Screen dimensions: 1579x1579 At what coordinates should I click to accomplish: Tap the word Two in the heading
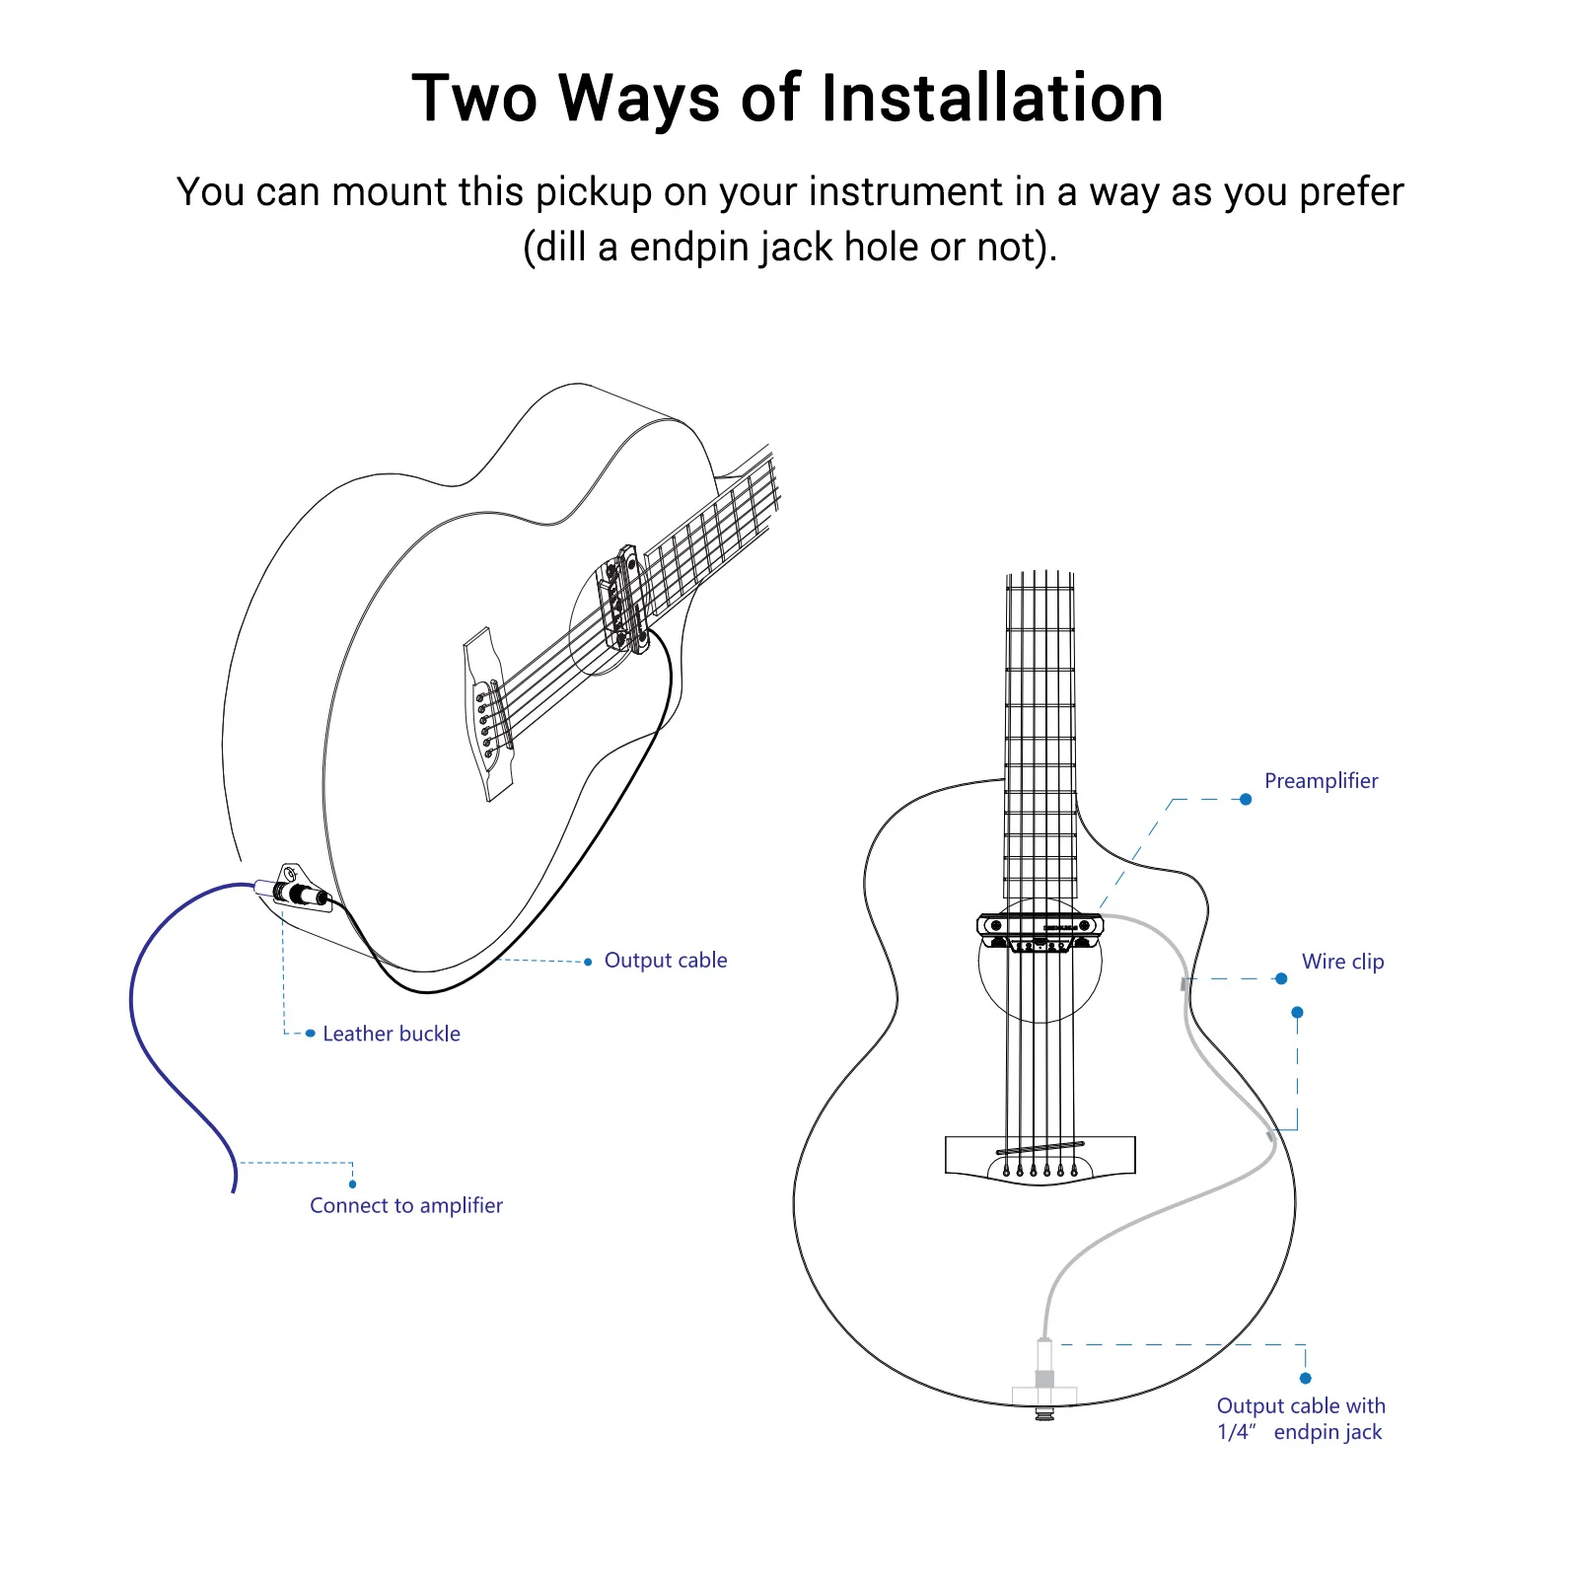pos(474,99)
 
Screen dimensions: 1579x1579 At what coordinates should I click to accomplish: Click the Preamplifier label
pos(1321,781)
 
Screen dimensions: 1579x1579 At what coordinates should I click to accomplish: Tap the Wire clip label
pos(1342,962)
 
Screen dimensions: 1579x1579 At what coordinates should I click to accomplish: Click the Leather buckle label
pos(392,1034)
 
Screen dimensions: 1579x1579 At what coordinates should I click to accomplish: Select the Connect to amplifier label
pos(405,1205)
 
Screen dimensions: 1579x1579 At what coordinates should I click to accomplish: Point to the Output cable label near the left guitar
pos(666,961)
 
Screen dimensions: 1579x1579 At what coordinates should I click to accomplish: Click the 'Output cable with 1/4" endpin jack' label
pos(1300,1419)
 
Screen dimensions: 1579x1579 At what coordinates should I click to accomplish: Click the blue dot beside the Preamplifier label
pos(1246,799)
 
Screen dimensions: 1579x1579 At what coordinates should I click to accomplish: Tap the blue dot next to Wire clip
pos(1281,978)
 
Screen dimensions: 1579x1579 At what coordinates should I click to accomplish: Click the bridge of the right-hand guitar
pos(1040,1156)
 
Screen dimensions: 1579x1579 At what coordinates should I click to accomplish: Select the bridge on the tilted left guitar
pos(488,715)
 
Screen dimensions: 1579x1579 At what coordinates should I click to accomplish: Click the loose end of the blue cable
pos(234,1188)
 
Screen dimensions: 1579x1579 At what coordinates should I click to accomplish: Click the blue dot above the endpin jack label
pos(1305,1378)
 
